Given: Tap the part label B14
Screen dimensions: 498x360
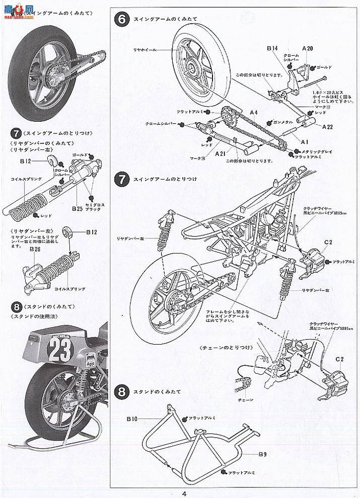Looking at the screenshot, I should [x=272, y=49].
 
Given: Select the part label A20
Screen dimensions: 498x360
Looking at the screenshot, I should [x=308, y=48].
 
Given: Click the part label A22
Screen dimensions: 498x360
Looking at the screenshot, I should [x=327, y=126].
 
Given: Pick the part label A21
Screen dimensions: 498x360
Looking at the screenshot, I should [x=220, y=153].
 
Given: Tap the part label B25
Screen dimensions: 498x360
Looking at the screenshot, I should [x=77, y=208].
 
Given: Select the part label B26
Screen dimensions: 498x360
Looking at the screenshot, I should [x=35, y=249].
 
